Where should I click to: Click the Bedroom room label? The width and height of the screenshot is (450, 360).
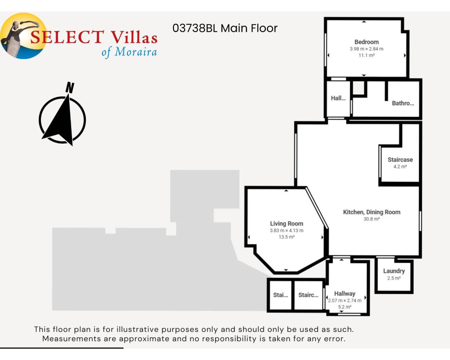[x=366, y=42]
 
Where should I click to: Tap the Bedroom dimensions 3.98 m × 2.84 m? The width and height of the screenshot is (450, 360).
[x=366, y=49]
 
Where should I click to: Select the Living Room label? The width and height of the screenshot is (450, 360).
[x=287, y=224]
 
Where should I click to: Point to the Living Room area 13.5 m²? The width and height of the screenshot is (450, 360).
[x=287, y=237]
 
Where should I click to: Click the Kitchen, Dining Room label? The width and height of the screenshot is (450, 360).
[x=372, y=212]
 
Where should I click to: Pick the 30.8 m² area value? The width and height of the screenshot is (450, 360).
[x=372, y=219]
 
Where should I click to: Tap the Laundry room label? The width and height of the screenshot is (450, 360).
[x=394, y=271]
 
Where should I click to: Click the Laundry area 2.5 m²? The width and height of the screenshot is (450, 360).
[x=394, y=278]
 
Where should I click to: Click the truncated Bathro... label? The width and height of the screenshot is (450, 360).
[x=403, y=103]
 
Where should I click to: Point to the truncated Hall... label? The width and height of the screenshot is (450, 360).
[x=338, y=98]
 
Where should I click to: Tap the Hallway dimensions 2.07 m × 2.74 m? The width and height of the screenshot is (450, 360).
[x=345, y=301]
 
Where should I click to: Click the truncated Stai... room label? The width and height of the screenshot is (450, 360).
[x=281, y=295]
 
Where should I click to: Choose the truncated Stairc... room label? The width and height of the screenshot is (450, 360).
[x=308, y=295]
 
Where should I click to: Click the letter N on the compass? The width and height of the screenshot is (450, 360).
[x=70, y=88]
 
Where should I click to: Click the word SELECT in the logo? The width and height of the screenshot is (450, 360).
[x=67, y=37]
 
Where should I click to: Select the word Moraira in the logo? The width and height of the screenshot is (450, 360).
[x=136, y=52]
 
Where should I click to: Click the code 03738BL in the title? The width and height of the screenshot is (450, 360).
[x=195, y=28]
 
